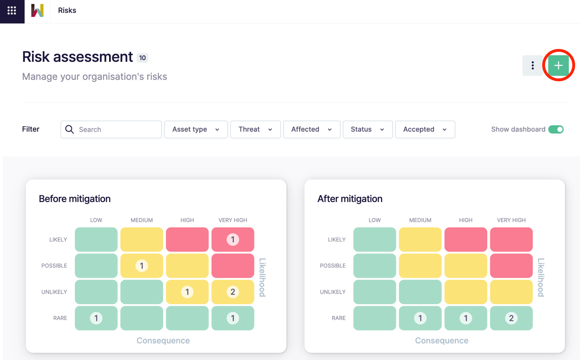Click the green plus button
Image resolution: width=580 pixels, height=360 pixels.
click(x=558, y=66)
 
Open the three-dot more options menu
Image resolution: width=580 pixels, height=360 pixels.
click(x=532, y=66)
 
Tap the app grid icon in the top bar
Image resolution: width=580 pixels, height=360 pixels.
click(x=12, y=10)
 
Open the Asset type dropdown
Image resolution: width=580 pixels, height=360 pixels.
click(x=196, y=129)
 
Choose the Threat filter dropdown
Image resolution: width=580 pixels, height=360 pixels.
click(x=255, y=129)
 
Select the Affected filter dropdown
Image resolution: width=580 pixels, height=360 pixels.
click(x=311, y=129)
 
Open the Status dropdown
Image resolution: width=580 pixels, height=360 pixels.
click(x=367, y=129)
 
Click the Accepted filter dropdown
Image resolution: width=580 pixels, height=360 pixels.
click(x=425, y=129)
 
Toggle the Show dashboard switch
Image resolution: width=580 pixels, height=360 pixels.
click(x=556, y=129)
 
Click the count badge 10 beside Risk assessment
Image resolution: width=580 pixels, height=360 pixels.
click(x=142, y=58)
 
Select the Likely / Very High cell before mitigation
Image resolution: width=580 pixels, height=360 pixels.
click(x=232, y=239)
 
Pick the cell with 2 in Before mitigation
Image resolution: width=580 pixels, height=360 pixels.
click(x=232, y=292)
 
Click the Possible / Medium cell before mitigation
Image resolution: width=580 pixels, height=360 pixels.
click(x=142, y=266)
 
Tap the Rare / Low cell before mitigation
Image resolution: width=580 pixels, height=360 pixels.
click(x=96, y=318)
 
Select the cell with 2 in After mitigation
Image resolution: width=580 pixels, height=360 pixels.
click(x=511, y=318)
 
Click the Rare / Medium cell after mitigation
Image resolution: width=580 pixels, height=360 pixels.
click(x=420, y=318)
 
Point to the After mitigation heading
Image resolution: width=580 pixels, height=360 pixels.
click(x=350, y=199)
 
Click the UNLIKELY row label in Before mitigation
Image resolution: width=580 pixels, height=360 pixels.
click(x=54, y=292)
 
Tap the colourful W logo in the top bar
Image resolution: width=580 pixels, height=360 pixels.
click(x=37, y=10)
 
